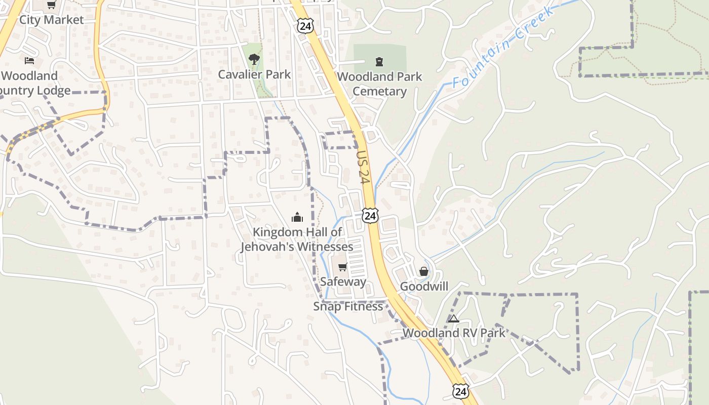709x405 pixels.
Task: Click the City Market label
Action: point(51,20)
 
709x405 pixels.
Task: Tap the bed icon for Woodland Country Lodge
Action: point(29,61)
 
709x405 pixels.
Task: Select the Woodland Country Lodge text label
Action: point(33,83)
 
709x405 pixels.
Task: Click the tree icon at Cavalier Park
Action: point(254,59)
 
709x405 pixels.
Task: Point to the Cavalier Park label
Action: point(254,74)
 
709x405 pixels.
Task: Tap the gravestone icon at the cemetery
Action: point(379,62)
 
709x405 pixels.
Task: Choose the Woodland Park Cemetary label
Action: point(379,84)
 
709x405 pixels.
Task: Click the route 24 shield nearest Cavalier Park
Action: point(305,26)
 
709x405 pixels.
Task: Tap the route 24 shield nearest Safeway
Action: point(370,216)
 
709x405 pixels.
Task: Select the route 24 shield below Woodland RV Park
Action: point(460,391)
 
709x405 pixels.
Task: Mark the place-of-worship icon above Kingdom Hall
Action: point(297,217)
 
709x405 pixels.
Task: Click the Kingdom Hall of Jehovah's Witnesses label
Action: point(297,239)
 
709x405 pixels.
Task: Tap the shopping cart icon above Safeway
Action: point(343,267)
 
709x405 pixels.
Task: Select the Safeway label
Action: point(343,281)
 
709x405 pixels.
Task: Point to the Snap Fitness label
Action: point(348,306)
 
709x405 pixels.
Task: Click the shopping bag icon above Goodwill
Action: point(424,272)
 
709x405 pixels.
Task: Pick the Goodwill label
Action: point(424,287)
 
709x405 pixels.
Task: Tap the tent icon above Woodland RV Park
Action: point(454,318)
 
